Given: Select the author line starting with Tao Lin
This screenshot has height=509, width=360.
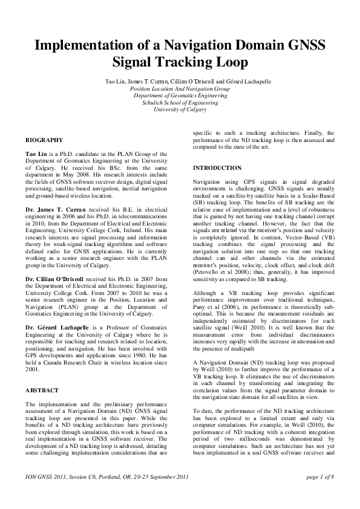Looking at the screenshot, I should coord(180,80).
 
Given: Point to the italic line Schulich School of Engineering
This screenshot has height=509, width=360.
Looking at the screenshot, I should coord(180,103).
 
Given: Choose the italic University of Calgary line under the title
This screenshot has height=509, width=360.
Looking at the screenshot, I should coord(180,110).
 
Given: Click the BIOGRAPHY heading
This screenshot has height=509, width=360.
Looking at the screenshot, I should coord(44,140).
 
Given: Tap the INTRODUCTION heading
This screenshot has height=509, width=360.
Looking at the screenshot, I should coord(217,167).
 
